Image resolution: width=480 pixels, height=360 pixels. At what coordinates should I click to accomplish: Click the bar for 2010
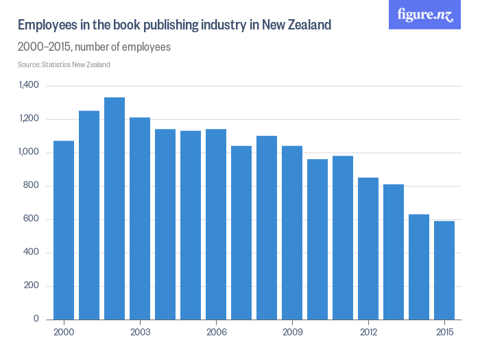tap(317, 239)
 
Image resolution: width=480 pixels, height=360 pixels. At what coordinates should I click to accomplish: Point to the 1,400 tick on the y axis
tap(29, 86)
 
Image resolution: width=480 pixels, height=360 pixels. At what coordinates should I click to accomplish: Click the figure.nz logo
tap(425, 15)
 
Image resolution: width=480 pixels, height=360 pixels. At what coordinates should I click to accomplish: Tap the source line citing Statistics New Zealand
tap(64, 64)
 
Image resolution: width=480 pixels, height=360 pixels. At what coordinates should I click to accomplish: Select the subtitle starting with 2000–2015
tap(94, 47)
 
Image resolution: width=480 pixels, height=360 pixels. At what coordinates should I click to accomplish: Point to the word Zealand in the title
tap(307, 25)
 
